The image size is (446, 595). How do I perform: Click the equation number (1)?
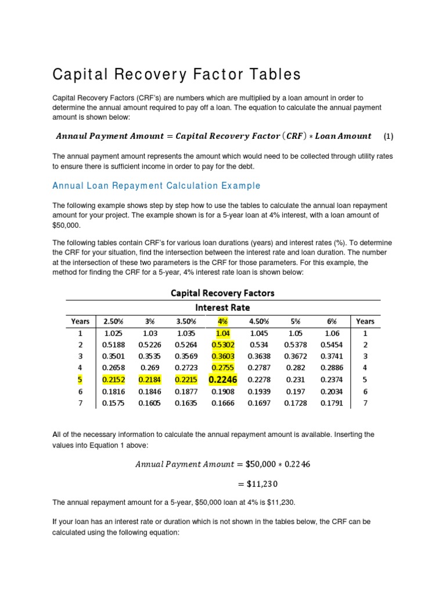click(389, 137)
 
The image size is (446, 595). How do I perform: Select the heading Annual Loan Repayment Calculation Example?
click(156, 186)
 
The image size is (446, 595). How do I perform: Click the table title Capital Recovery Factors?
click(222, 293)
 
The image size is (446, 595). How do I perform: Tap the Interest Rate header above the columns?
click(222, 307)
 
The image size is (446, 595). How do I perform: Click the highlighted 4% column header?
click(222, 321)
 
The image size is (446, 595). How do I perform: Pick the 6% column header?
click(332, 321)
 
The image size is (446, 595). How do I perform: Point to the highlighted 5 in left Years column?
click(80, 379)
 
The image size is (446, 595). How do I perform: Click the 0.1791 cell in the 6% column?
click(332, 403)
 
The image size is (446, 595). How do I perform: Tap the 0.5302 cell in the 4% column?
click(222, 345)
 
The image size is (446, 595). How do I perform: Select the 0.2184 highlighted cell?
click(149, 379)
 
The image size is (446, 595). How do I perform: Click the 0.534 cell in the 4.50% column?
click(259, 345)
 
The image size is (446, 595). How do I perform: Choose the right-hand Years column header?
click(365, 321)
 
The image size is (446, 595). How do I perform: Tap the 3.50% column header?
click(186, 321)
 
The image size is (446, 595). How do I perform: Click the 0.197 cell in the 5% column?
click(296, 392)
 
